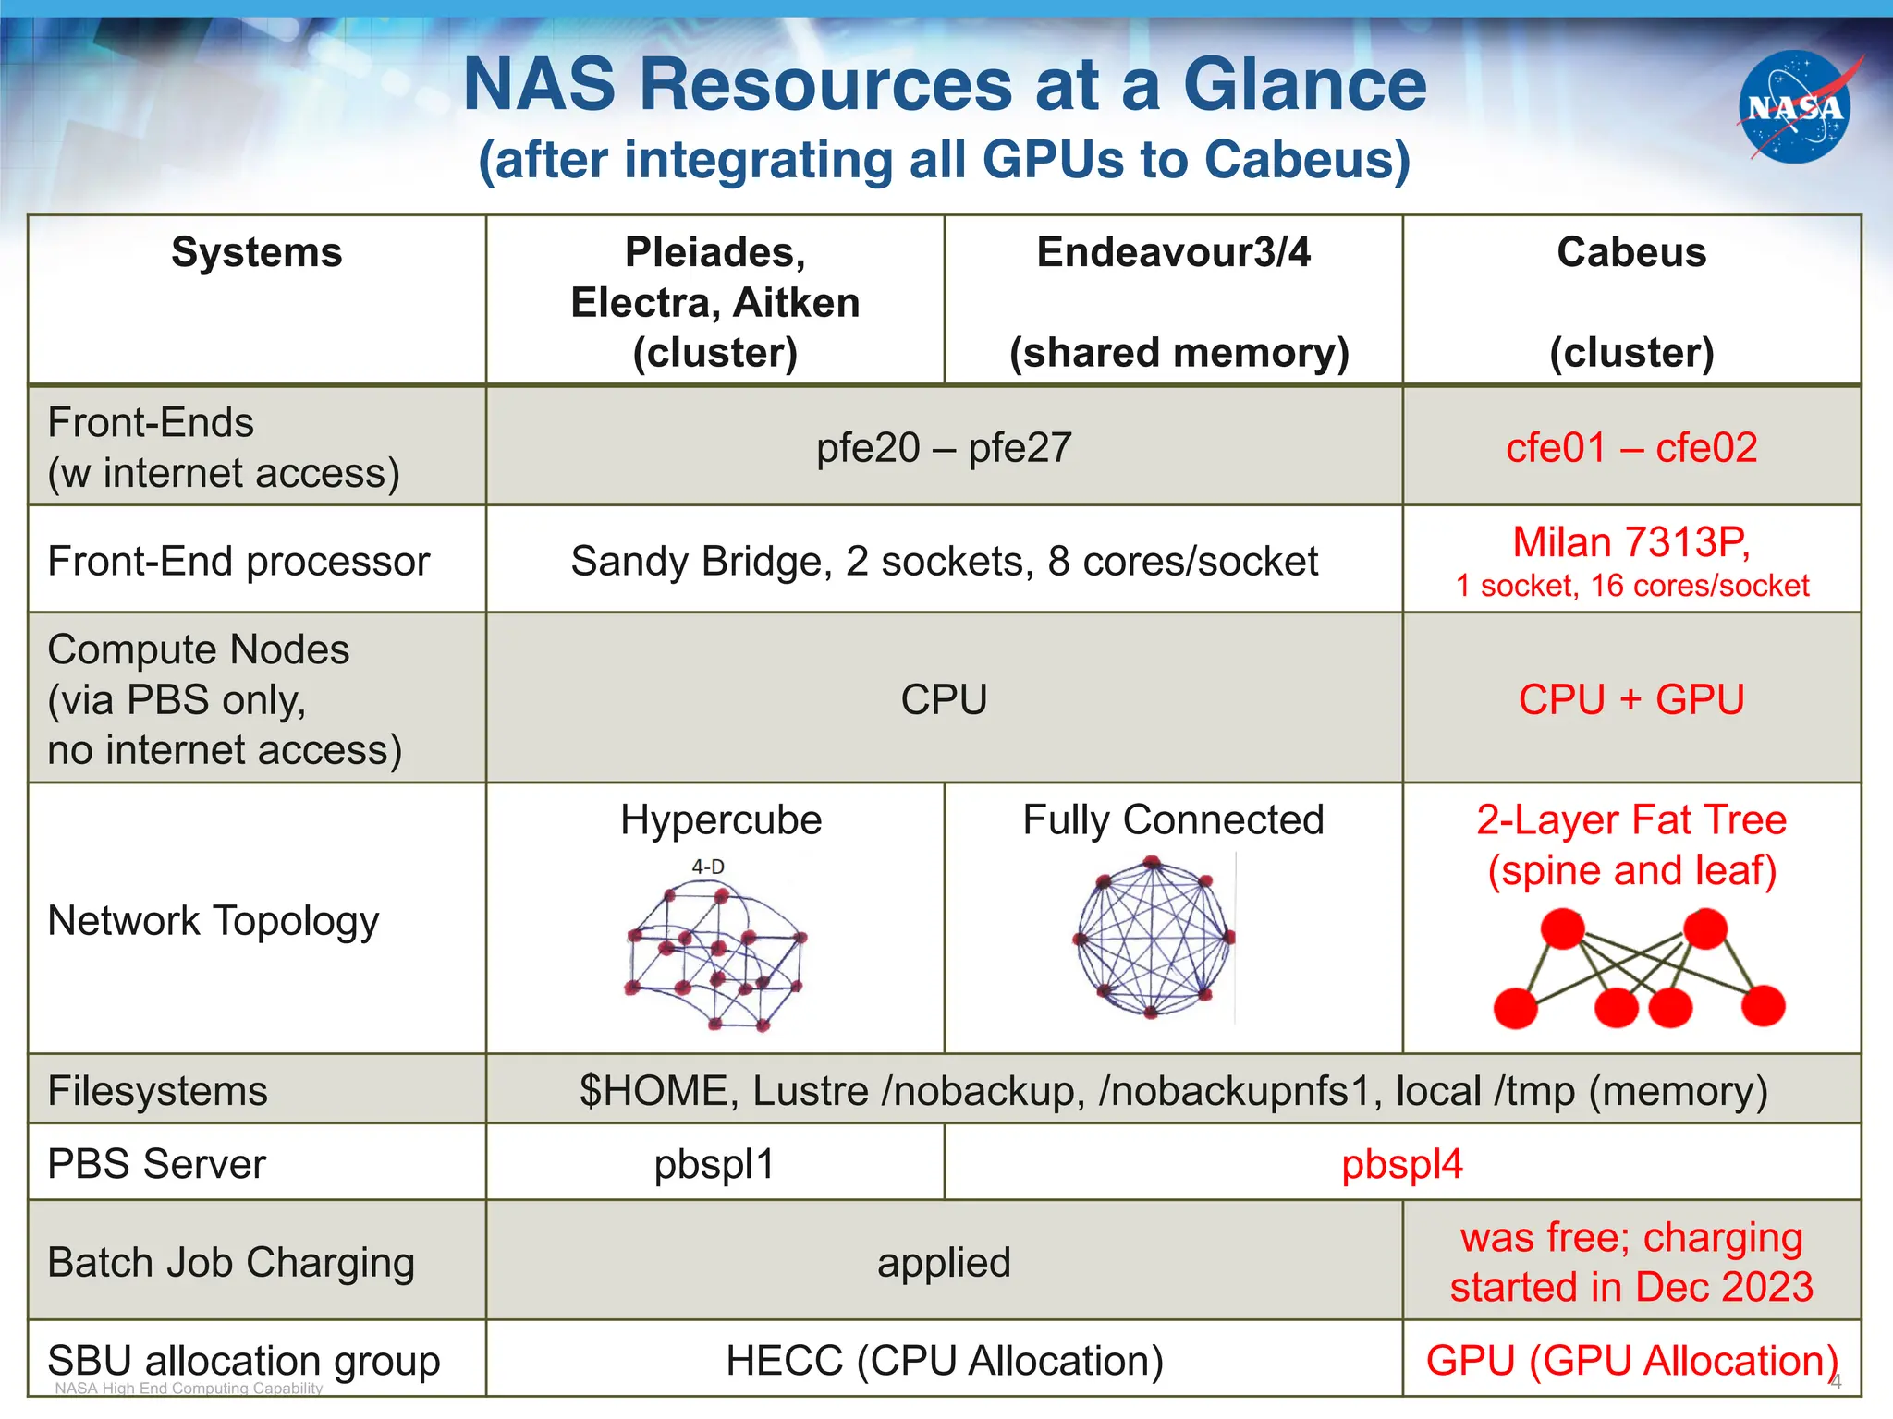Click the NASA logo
click(1794, 107)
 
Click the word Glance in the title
click(1304, 85)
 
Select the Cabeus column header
click(1631, 253)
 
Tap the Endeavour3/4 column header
click(1173, 253)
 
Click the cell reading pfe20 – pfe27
click(944, 448)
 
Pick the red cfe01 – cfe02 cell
click(1631, 448)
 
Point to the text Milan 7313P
click(1631, 542)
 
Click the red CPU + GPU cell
click(1631, 699)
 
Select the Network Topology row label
click(214, 921)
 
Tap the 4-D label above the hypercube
click(708, 867)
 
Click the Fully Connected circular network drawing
click(1153, 938)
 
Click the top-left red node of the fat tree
click(1563, 928)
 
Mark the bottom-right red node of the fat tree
click(1763, 1006)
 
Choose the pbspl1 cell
click(714, 1164)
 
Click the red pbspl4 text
click(1402, 1164)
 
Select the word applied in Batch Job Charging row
click(944, 1262)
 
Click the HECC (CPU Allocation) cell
click(944, 1361)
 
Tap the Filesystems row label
click(158, 1091)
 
